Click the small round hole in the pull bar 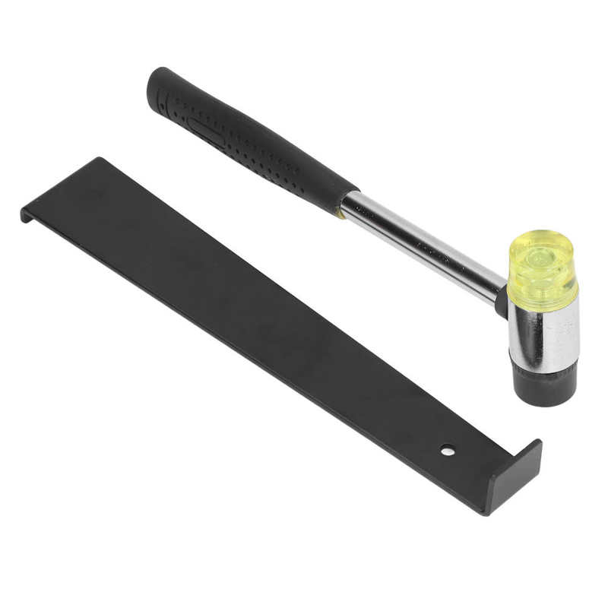tap(448, 451)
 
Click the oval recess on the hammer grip tap(207, 131)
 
